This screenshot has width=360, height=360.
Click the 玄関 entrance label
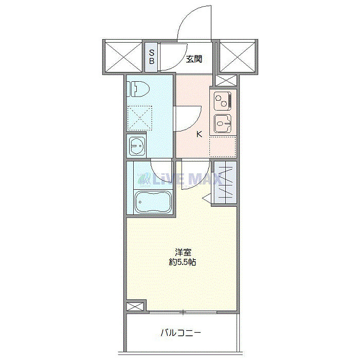click(193, 59)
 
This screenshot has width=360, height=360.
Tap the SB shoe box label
click(152, 57)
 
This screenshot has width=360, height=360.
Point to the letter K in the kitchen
click(199, 135)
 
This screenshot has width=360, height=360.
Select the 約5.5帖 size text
click(183, 262)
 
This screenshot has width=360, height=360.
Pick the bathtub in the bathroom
click(152, 202)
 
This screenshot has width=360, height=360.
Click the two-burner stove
click(223, 100)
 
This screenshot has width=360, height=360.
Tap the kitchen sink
click(223, 123)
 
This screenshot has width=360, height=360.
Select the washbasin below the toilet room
click(137, 147)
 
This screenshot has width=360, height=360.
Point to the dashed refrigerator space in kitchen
click(222, 147)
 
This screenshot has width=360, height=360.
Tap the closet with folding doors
click(225, 183)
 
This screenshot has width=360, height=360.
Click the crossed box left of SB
click(122, 57)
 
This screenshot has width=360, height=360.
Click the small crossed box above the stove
click(224, 80)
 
